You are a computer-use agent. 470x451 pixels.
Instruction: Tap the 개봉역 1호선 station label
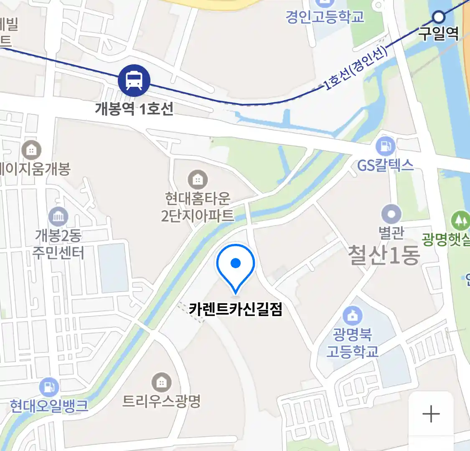coord(134,109)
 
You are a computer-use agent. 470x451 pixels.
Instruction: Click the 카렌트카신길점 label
coord(236,309)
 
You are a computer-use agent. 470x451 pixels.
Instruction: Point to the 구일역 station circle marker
coord(439,17)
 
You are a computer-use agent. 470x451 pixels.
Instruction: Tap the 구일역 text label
coord(439,33)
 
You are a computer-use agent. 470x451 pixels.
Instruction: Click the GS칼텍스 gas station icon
coord(385,146)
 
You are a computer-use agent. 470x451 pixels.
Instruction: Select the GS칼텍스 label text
coord(385,165)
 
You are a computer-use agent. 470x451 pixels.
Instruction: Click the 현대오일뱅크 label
coord(49,405)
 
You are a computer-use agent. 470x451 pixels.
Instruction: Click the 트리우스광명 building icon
coord(161,382)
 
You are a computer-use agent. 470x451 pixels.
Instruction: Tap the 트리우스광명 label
coord(161,401)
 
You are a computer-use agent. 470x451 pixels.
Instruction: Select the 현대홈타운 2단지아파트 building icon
coord(198,180)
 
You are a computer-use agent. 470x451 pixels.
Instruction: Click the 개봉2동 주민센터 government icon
coord(58,216)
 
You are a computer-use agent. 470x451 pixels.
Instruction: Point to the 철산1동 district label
coord(384,255)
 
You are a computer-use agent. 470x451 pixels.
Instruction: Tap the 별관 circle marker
coord(391,215)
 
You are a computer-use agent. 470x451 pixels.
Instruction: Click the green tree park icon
coord(460,220)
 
